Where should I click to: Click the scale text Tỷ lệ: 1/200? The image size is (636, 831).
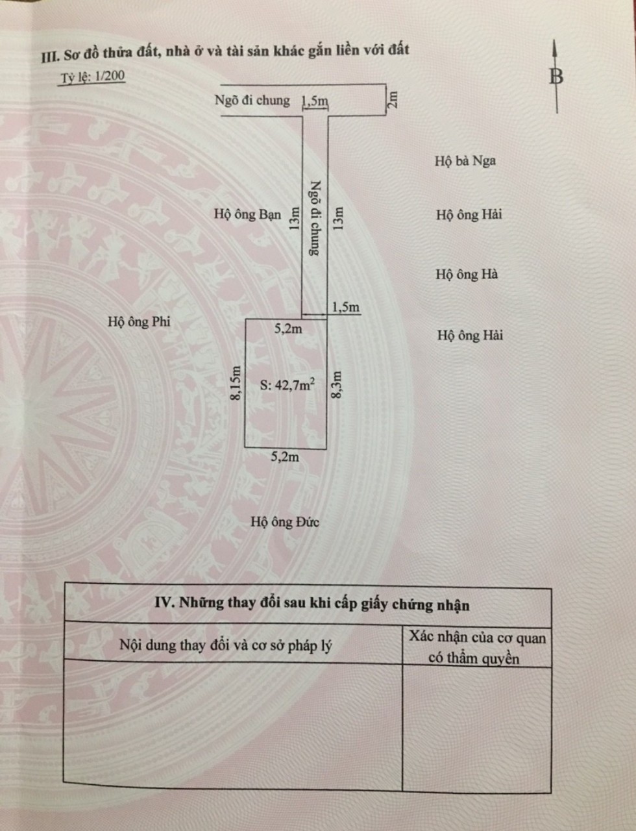(93, 77)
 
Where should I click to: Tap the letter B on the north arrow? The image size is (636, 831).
(556, 77)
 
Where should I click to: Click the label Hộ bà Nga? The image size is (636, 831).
(465, 161)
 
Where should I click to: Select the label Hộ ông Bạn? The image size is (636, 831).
(248, 214)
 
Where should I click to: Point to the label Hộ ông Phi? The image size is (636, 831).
(139, 321)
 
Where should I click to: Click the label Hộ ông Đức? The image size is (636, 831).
(285, 522)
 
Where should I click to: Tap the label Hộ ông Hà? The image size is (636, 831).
(467, 275)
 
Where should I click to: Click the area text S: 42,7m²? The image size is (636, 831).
(287, 384)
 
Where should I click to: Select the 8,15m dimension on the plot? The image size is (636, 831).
(236, 383)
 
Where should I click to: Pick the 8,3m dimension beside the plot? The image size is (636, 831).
(337, 384)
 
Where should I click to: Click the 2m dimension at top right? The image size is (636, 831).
(392, 100)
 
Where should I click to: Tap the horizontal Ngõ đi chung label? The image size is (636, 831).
(252, 101)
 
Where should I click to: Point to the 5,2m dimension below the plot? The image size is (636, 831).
(285, 457)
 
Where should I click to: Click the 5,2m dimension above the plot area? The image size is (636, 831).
(288, 329)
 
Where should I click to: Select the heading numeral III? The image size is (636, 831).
(50, 57)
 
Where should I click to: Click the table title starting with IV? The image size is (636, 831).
(312, 604)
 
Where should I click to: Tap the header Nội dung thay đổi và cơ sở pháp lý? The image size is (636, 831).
(225, 645)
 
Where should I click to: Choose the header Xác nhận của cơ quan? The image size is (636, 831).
(477, 638)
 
